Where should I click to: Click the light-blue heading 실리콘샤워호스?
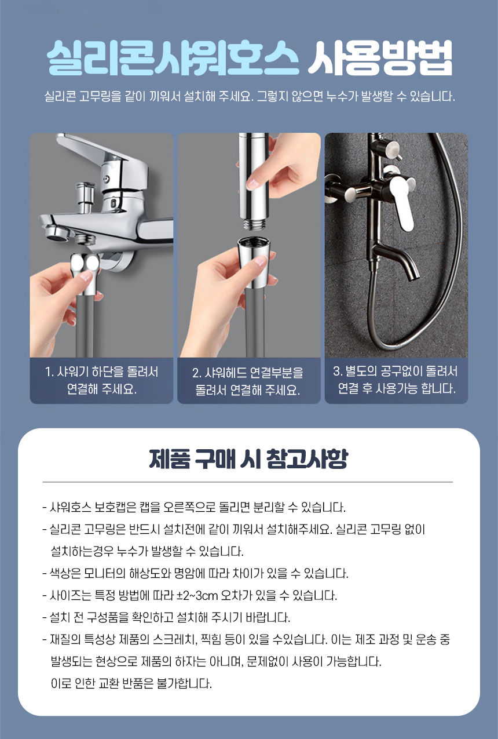tap(173, 58)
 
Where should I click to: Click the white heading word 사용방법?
tap(380, 58)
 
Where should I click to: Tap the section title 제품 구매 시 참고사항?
tap(249, 459)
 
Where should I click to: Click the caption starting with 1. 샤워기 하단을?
tap(101, 380)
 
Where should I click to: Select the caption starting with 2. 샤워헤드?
tap(248, 381)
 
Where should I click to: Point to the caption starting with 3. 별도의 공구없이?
tap(396, 380)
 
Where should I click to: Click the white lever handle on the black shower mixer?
tap(402, 201)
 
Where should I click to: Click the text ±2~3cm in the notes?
tap(197, 595)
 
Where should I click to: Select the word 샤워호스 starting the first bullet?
tap(70, 507)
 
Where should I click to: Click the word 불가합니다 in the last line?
tap(184, 683)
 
